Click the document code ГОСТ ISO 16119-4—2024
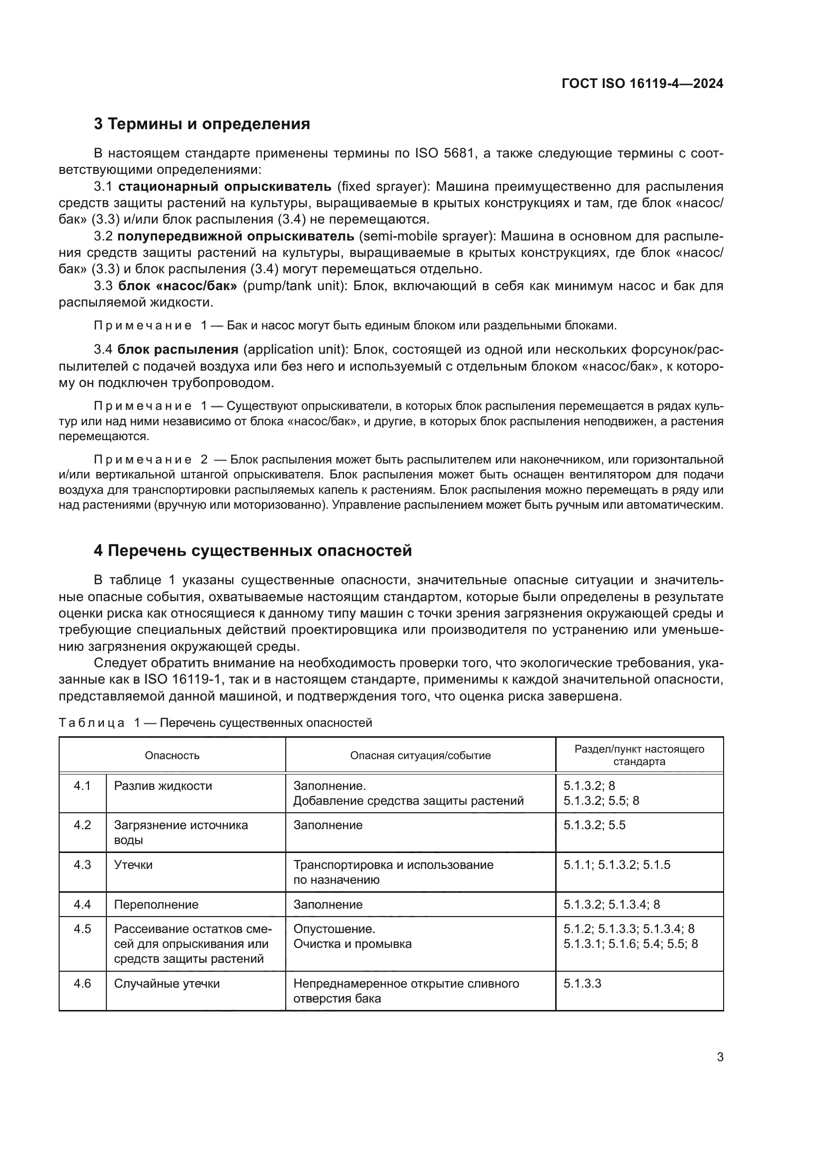click(x=642, y=83)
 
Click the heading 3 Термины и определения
click(x=201, y=124)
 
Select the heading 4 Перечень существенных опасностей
click(x=252, y=550)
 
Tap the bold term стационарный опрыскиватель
click(x=225, y=186)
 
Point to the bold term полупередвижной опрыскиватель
click(x=236, y=236)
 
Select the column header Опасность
click(x=172, y=756)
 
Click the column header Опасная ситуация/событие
click(x=420, y=756)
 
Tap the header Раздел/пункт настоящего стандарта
click(x=639, y=755)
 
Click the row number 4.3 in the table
click(x=82, y=864)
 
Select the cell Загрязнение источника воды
click(x=181, y=832)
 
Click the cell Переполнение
click(x=156, y=904)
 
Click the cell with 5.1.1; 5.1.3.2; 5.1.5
click(x=616, y=864)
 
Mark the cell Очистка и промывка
click(x=352, y=944)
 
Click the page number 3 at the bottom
click(x=720, y=1057)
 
